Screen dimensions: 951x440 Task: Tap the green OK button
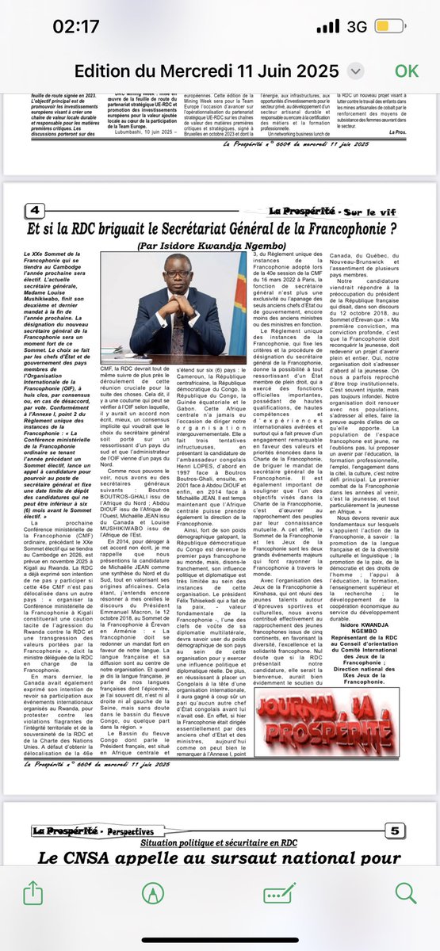[406, 70]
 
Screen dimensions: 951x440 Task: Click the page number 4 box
[36, 211]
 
